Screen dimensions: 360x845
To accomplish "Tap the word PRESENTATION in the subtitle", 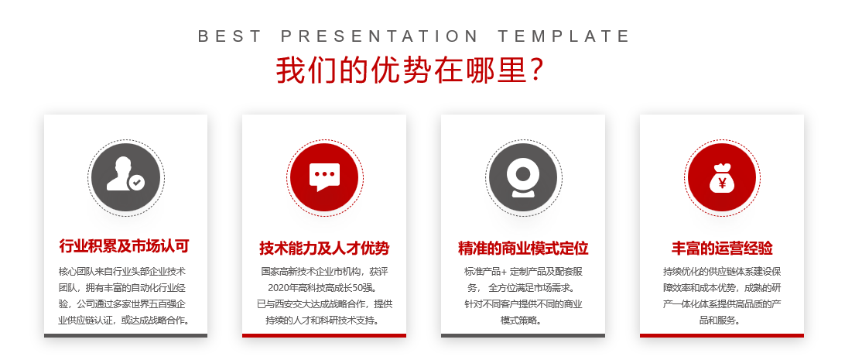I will tap(380, 36).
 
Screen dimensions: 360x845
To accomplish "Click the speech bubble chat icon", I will tap(324, 177).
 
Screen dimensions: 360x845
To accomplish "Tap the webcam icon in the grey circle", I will tap(522, 177).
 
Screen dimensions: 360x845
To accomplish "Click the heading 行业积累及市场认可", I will tap(125, 246).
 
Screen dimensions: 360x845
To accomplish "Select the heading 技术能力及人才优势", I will tap(324, 249).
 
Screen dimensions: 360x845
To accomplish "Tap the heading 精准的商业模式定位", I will tap(523, 249).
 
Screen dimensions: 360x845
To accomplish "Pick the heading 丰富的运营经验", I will tap(722, 249).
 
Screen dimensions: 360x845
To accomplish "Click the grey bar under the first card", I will tap(125, 335).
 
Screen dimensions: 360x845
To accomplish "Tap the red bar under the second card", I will tap(324, 335).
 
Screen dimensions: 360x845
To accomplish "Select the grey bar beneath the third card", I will tap(523, 335).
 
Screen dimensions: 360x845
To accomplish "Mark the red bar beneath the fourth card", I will tap(722, 335).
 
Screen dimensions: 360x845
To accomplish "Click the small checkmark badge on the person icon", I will tap(137, 183).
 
